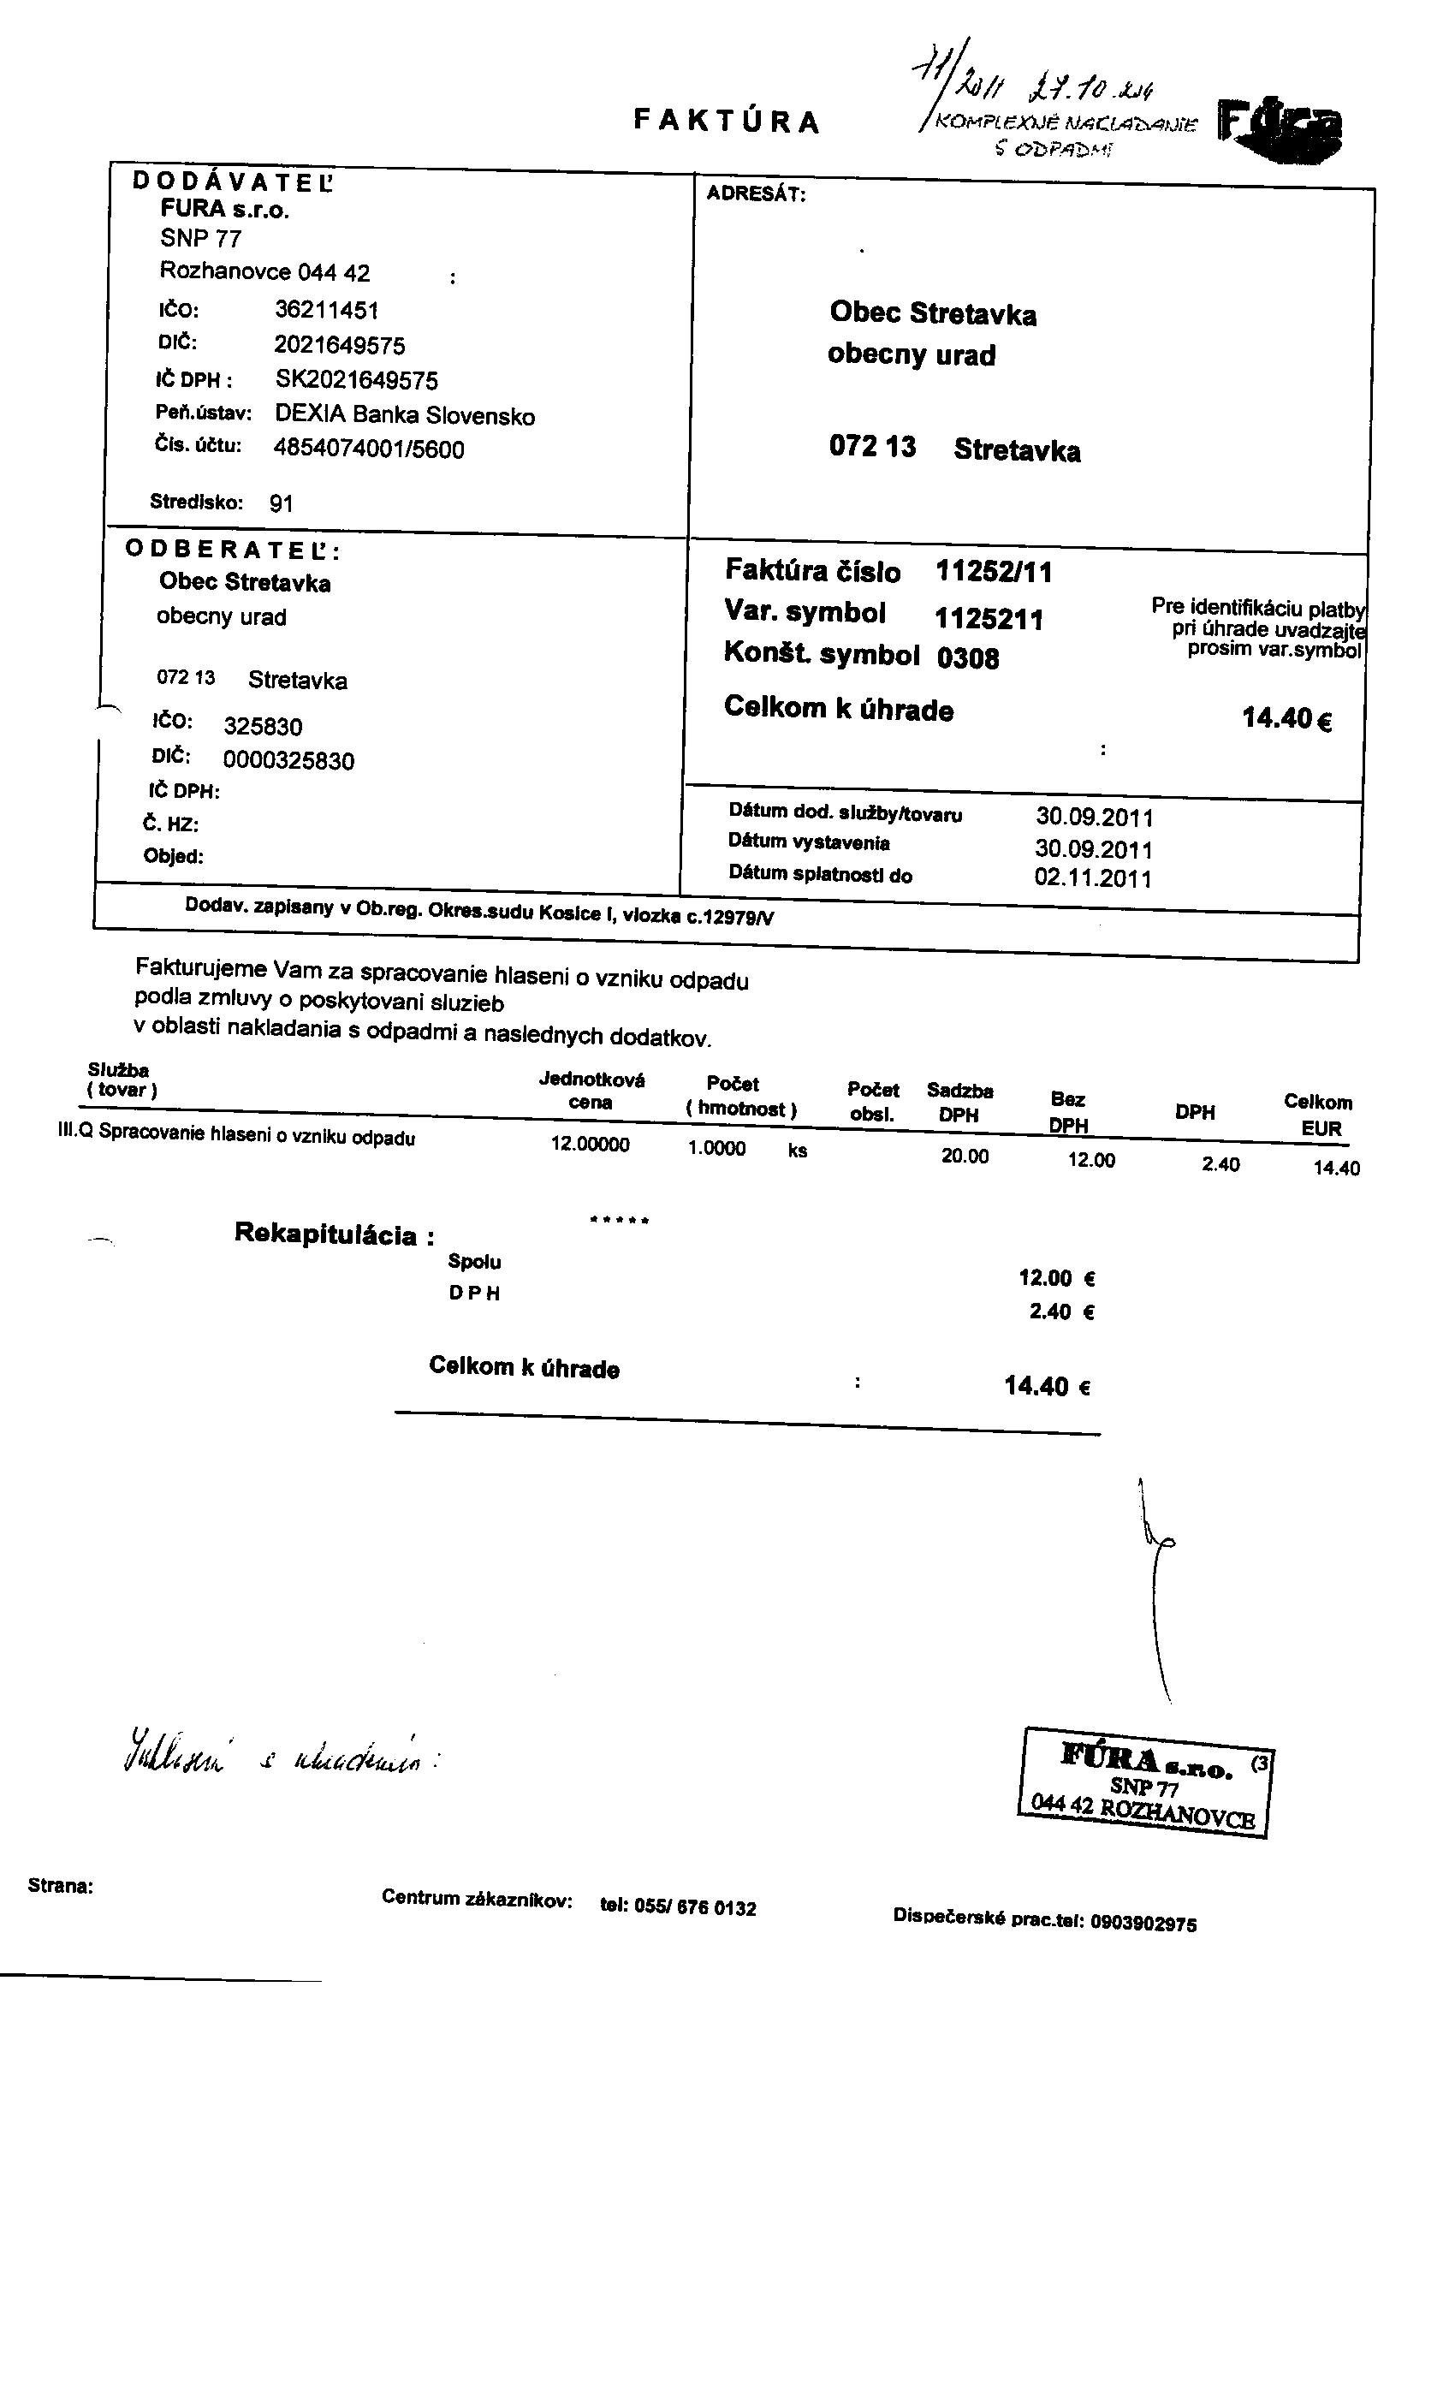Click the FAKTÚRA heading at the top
click(x=727, y=121)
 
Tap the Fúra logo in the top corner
click(x=1280, y=130)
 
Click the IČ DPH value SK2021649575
click(x=356, y=379)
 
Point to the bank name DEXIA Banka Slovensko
click(x=405, y=415)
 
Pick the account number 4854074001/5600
click(x=369, y=449)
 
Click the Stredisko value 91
click(x=281, y=504)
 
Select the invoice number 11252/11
click(x=993, y=572)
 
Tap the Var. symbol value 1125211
click(x=989, y=620)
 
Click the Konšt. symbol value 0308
click(x=968, y=659)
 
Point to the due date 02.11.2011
click(x=1092, y=878)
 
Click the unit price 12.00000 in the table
click(x=590, y=1145)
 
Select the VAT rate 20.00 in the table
click(x=964, y=1156)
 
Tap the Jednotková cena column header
click(x=591, y=1091)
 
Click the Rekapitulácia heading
click(x=334, y=1235)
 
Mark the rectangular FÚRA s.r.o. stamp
click(x=1146, y=1782)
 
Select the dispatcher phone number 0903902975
click(x=1143, y=1924)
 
